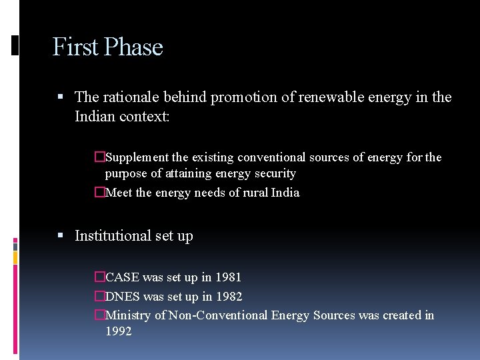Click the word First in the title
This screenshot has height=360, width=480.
75,47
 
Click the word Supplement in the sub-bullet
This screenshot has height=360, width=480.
137,158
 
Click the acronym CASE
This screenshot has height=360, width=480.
122,277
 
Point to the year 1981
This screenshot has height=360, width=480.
228,277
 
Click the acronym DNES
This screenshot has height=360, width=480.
123,297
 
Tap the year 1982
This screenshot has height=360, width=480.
229,297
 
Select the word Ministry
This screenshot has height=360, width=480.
128,315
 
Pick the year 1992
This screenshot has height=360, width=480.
119,331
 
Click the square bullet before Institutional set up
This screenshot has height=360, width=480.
61,236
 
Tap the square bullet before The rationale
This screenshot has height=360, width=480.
61,97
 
